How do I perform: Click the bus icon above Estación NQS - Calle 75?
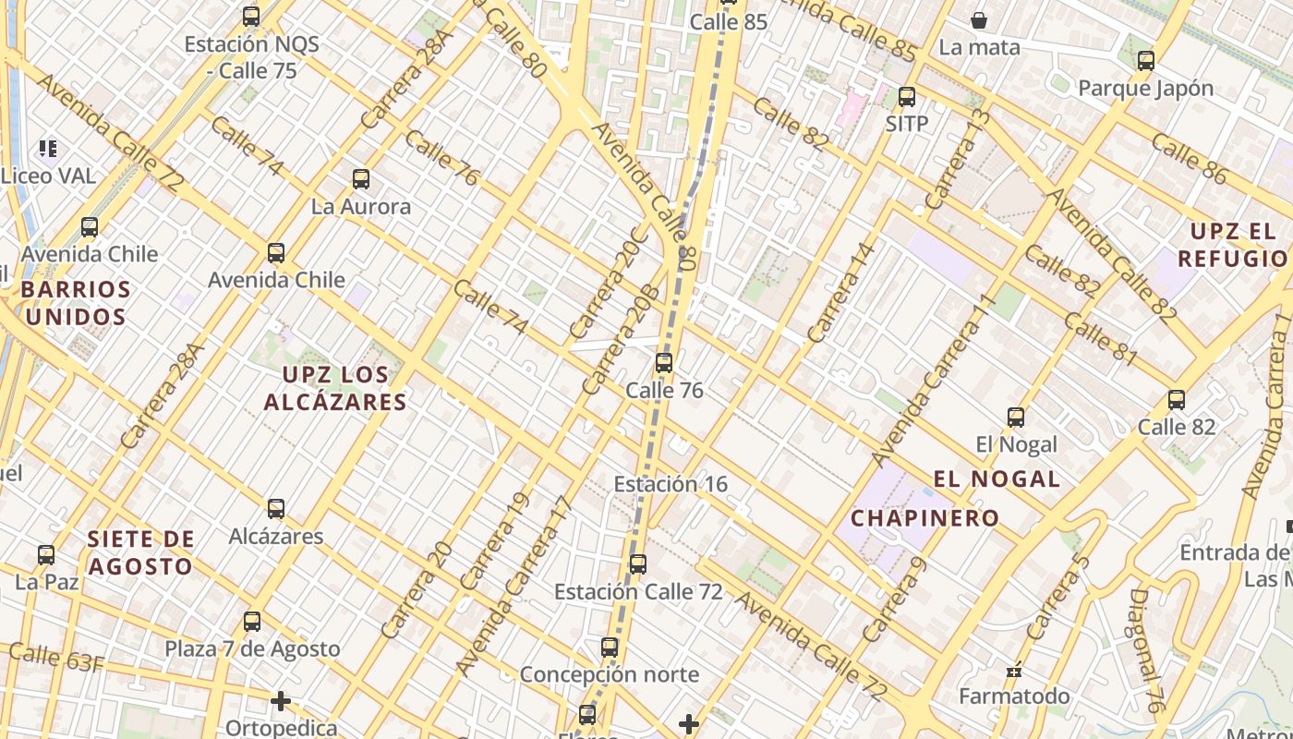(x=250, y=16)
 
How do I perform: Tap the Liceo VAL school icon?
(x=48, y=148)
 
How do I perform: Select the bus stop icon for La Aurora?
(x=361, y=179)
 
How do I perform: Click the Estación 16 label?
(x=671, y=484)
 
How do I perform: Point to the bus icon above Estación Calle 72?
(x=637, y=563)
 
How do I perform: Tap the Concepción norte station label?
(x=609, y=674)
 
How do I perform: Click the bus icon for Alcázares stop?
(x=275, y=508)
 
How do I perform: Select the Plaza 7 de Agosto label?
(x=252, y=649)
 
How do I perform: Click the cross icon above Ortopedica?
(x=281, y=701)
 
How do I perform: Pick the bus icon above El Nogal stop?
(x=1016, y=417)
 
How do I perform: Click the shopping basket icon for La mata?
(x=979, y=19)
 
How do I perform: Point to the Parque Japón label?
(x=1145, y=89)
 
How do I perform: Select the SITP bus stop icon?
(x=906, y=96)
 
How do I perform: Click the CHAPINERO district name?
(x=924, y=518)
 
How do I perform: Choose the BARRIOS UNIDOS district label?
(x=75, y=303)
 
